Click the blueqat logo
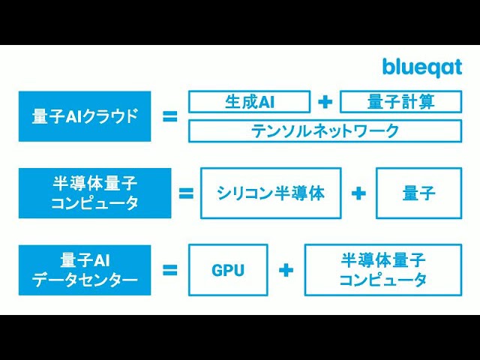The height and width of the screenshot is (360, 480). coord(422,67)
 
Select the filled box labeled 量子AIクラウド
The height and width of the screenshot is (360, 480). coord(85,116)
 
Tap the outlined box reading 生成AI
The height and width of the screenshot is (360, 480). coord(250,102)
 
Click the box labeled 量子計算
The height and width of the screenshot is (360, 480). coord(400,102)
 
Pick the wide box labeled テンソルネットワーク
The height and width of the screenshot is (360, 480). coord(325,131)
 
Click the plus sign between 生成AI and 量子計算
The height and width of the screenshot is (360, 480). coord(325,102)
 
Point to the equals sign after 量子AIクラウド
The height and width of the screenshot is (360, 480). coord(170,117)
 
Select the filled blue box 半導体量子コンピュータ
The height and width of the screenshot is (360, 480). coord(95,193)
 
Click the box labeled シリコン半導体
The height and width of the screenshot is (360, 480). coord(271,193)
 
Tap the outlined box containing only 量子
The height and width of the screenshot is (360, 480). coord(418,193)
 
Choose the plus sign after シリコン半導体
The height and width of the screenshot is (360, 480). coord(358,193)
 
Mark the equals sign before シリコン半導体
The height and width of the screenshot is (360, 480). coord(186,193)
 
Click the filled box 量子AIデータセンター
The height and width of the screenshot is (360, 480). coord(85,270)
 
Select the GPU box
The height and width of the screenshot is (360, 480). coord(228,270)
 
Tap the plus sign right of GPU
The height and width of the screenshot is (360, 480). coord(286,270)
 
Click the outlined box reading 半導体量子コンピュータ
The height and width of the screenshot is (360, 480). coord(383,270)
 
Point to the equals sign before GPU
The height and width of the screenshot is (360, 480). coord(170,270)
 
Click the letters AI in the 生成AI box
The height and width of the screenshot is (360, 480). coord(266,102)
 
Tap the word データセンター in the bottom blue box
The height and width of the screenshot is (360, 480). coord(85,280)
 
